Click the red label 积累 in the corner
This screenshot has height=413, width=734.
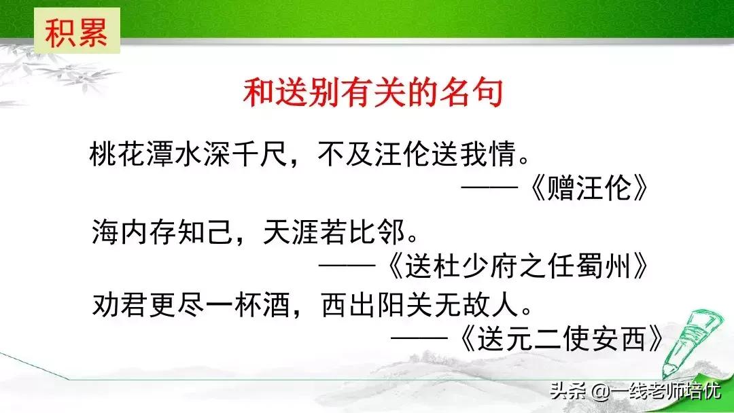point(77,32)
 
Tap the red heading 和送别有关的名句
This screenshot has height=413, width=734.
point(373,93)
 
